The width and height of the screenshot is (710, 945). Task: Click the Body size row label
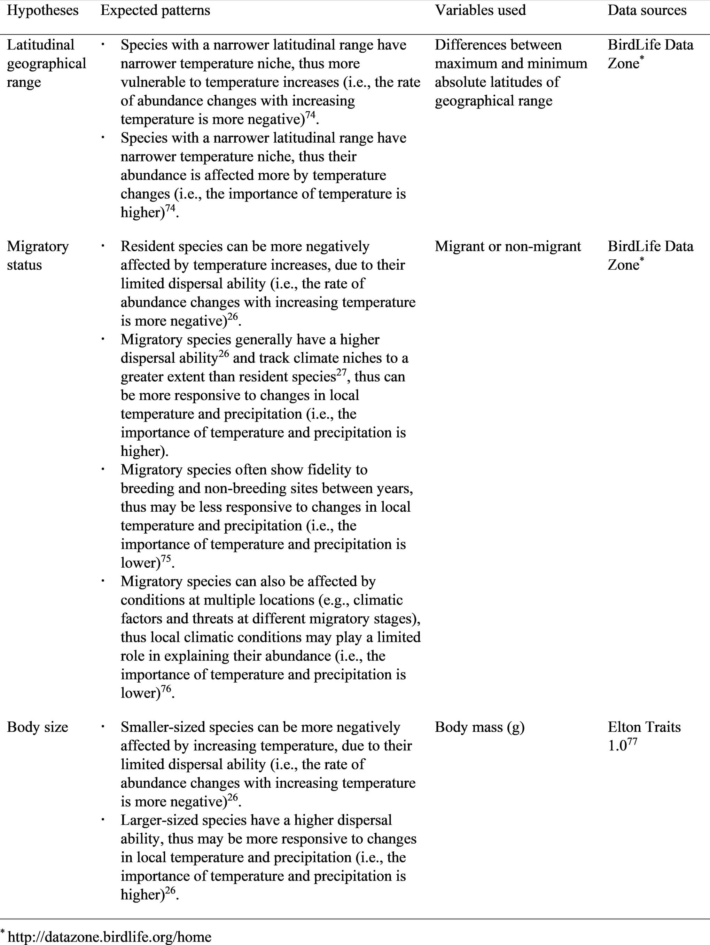(x=38, y=727)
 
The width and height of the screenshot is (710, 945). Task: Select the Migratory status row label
(x=38, y=255)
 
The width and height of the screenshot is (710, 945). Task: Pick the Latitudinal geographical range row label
(x=46, y=63)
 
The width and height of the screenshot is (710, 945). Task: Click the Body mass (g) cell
(x=479, y=727)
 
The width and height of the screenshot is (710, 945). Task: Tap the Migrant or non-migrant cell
(x=508, y=246)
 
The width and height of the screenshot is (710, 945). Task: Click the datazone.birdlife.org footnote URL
(x=109, y=937)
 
